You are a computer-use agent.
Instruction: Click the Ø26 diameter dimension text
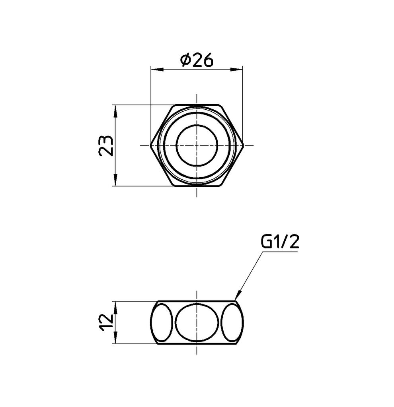197,60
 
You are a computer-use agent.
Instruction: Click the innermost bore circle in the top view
197,145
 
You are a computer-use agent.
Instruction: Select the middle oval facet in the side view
197,322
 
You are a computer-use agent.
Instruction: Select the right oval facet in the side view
232,322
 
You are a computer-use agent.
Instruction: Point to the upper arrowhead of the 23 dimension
115,110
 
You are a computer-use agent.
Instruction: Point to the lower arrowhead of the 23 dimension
115,180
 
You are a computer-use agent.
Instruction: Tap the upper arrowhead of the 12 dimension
115,306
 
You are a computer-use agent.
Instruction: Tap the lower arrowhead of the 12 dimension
115,339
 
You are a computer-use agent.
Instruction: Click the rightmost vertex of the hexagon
243,145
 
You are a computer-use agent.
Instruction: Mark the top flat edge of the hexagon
197,105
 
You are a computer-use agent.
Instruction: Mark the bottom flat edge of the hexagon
197,186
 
